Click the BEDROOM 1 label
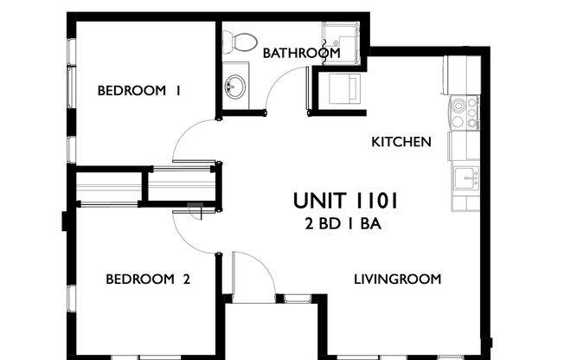tap(138, 91)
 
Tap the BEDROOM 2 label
tap(147, 279)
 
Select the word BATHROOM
tap(301, 53)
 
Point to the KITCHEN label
tap(401, 141)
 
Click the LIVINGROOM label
tap(398, 279)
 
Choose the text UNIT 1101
tap(345, 201)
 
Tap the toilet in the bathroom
tap(238, 41)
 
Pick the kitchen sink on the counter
tap(465, 180)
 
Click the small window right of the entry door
tap(298, 299)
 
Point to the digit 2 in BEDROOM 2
tap(185, 279)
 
